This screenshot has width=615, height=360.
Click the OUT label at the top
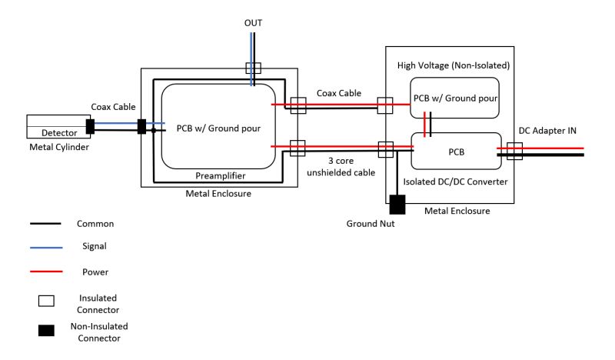(x=253, y=23)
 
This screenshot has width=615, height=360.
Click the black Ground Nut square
(x=397, y=205)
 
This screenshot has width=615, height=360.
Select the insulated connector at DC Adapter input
(x=514, y=150)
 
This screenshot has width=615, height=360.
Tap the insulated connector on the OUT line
(x=253, y=68)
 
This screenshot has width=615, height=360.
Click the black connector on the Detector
(x=90, y=126)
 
